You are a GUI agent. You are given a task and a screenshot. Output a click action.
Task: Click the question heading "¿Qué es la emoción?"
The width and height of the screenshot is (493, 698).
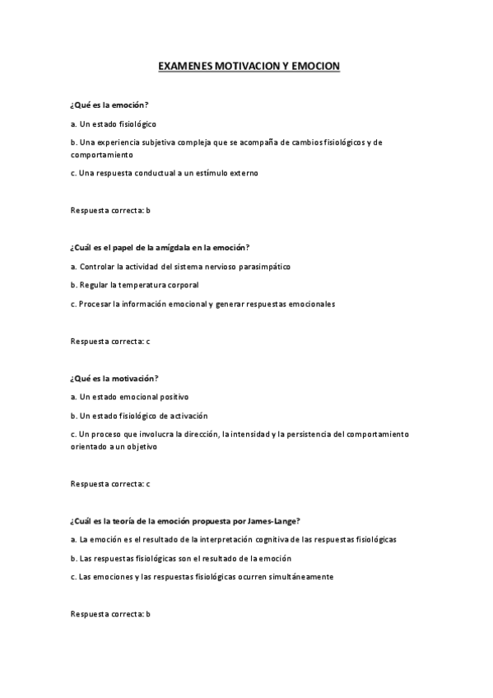[109, 106]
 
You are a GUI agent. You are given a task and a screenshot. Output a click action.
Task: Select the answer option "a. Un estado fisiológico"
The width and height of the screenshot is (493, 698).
[114, 124]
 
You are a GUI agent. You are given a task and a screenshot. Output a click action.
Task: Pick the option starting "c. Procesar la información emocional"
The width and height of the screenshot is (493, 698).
[202, 304]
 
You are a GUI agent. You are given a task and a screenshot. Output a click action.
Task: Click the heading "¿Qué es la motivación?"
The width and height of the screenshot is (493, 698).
[114, 378]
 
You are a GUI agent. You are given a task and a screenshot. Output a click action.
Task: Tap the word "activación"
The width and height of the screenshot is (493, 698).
[189, 415]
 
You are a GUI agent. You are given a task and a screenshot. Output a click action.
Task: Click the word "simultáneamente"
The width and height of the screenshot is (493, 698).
[301, 577]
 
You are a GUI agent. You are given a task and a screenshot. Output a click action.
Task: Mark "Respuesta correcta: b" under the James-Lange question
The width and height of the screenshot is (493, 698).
[110, 614]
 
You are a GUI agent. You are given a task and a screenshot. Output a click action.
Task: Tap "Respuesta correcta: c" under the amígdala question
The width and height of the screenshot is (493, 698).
[110, 341]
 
